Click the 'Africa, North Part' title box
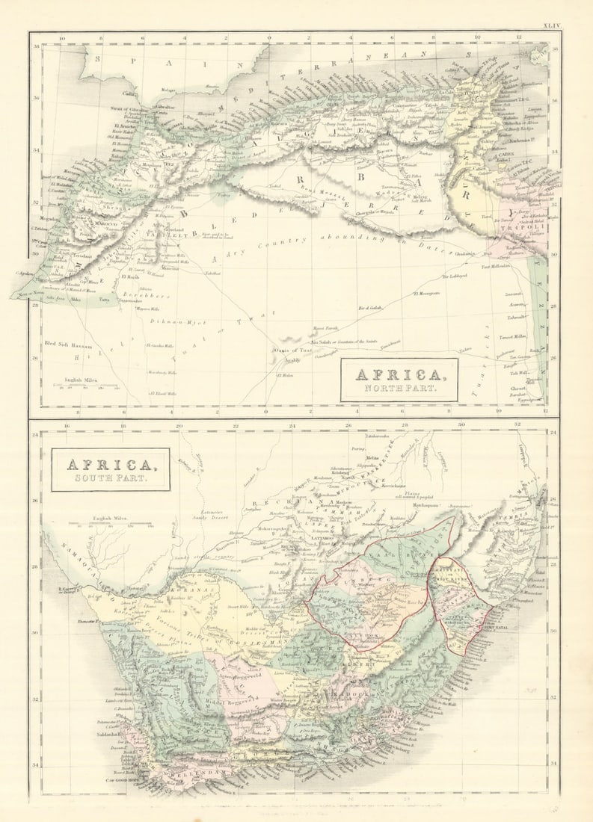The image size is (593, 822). click(399, 380)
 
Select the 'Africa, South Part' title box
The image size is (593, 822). click(111, 469)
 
